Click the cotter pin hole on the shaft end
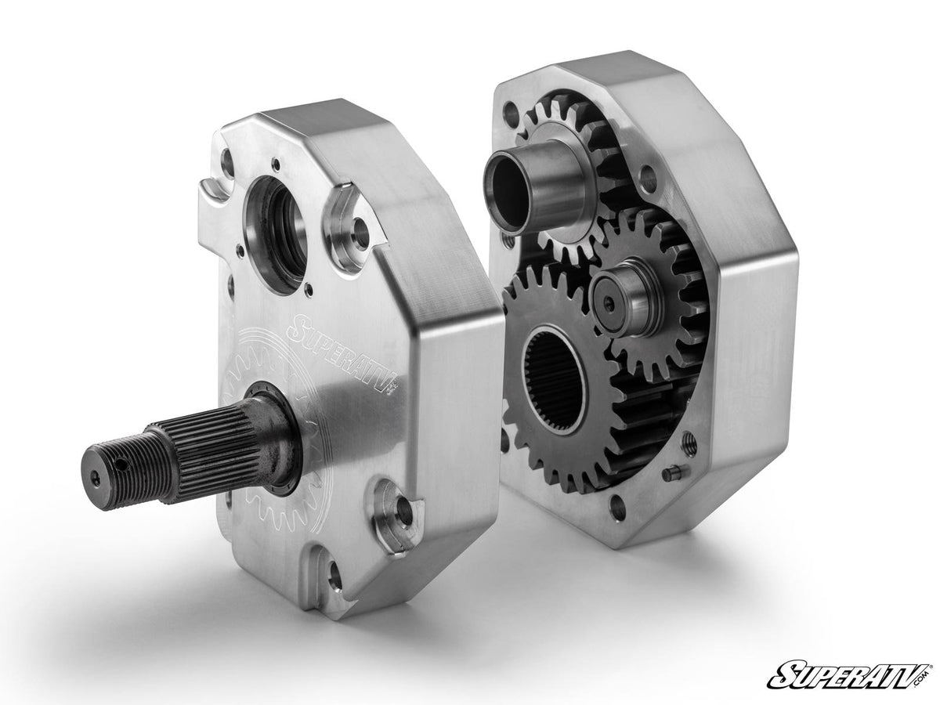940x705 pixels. [123, 464]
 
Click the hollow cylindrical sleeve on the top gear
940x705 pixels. [534, 186]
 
